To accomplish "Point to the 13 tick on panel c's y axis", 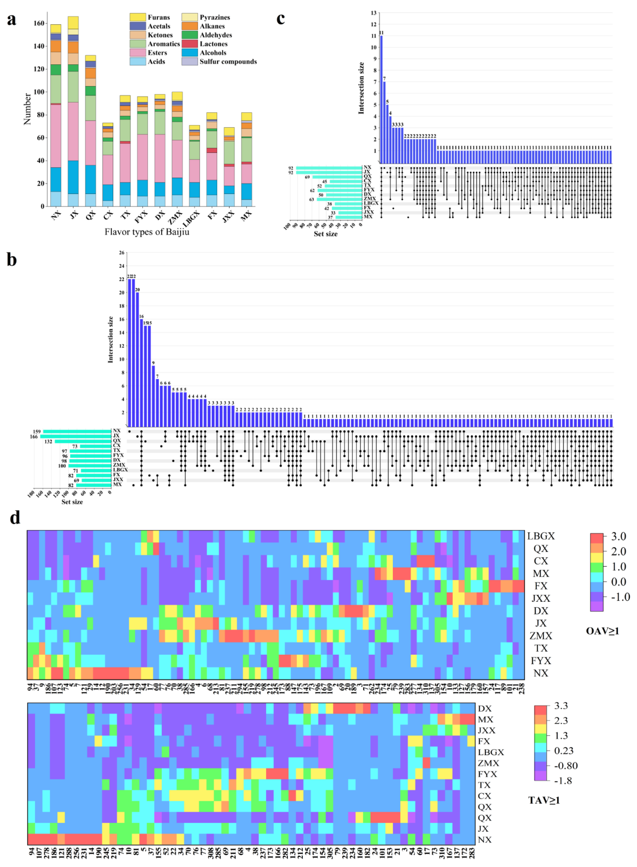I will (374, 13).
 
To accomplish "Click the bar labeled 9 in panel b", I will (153, 396).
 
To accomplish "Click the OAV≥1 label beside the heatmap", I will (602, 631).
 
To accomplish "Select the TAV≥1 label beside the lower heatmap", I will (544, 800).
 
